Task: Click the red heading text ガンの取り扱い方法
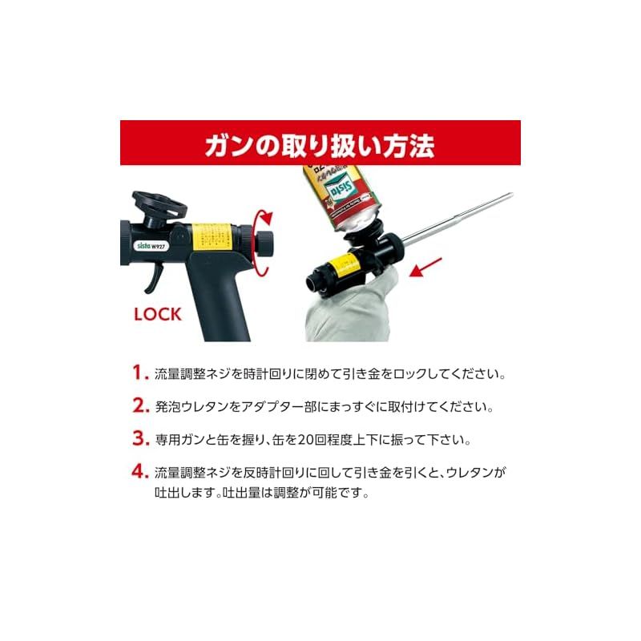[x=320, y=145]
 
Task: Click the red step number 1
[x=140, y=373]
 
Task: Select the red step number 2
[x=141, y=405]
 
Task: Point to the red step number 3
[x=141, y=438]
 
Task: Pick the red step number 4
[x=141, y=471]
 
